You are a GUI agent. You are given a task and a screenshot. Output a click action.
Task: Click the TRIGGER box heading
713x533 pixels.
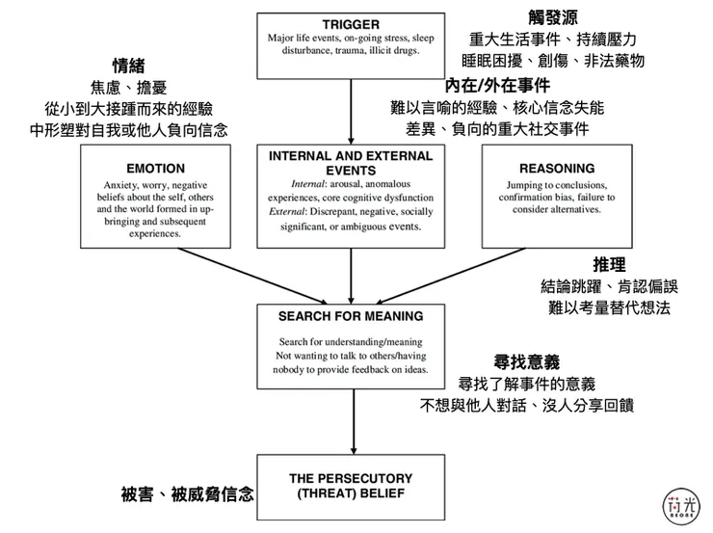[351, 23]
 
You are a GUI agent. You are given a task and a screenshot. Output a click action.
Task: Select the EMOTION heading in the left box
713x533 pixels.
[155, 169]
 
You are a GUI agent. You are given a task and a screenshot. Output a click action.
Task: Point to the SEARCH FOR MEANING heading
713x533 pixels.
[351, 315]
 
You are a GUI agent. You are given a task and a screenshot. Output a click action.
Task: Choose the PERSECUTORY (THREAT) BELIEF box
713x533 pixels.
[351, 486]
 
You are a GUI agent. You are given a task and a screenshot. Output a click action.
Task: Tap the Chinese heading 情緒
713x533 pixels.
[129, 66]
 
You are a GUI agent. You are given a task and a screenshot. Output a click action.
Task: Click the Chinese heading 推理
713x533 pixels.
[610, 263]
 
